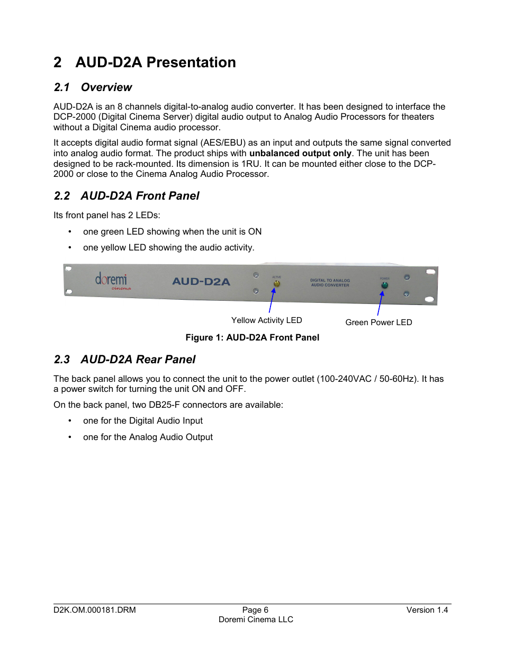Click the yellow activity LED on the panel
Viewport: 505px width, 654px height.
click(276, 284)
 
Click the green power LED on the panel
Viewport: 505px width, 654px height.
click(384, 285)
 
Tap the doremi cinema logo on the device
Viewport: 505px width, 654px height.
click(112, 281)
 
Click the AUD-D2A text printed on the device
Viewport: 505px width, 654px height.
click(201, 282)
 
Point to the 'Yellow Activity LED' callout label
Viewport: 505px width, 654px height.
click(266, 320)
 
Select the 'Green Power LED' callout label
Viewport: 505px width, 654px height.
click(378, 322)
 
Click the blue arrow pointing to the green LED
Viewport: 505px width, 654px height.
click(380, 303)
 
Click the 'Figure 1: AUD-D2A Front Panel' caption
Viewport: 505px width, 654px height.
click(252, 338)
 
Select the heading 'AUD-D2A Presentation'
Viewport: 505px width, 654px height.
click(155, 62)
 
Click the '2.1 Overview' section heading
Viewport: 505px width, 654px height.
click(93, 87)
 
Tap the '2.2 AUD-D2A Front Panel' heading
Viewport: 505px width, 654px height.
click(127, 196)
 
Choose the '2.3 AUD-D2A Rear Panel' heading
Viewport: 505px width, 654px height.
click(125, 360)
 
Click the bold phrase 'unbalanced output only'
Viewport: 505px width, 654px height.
click(300, 154)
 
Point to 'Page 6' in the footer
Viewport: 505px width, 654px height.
click(255, 610)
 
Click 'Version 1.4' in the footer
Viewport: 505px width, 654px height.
click(427, 610)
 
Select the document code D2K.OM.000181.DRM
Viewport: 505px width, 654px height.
click(95, 610)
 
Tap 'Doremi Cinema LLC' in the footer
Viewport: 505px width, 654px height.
click(256, 620)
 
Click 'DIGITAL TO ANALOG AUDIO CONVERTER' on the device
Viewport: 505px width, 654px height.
click(330, 283)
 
